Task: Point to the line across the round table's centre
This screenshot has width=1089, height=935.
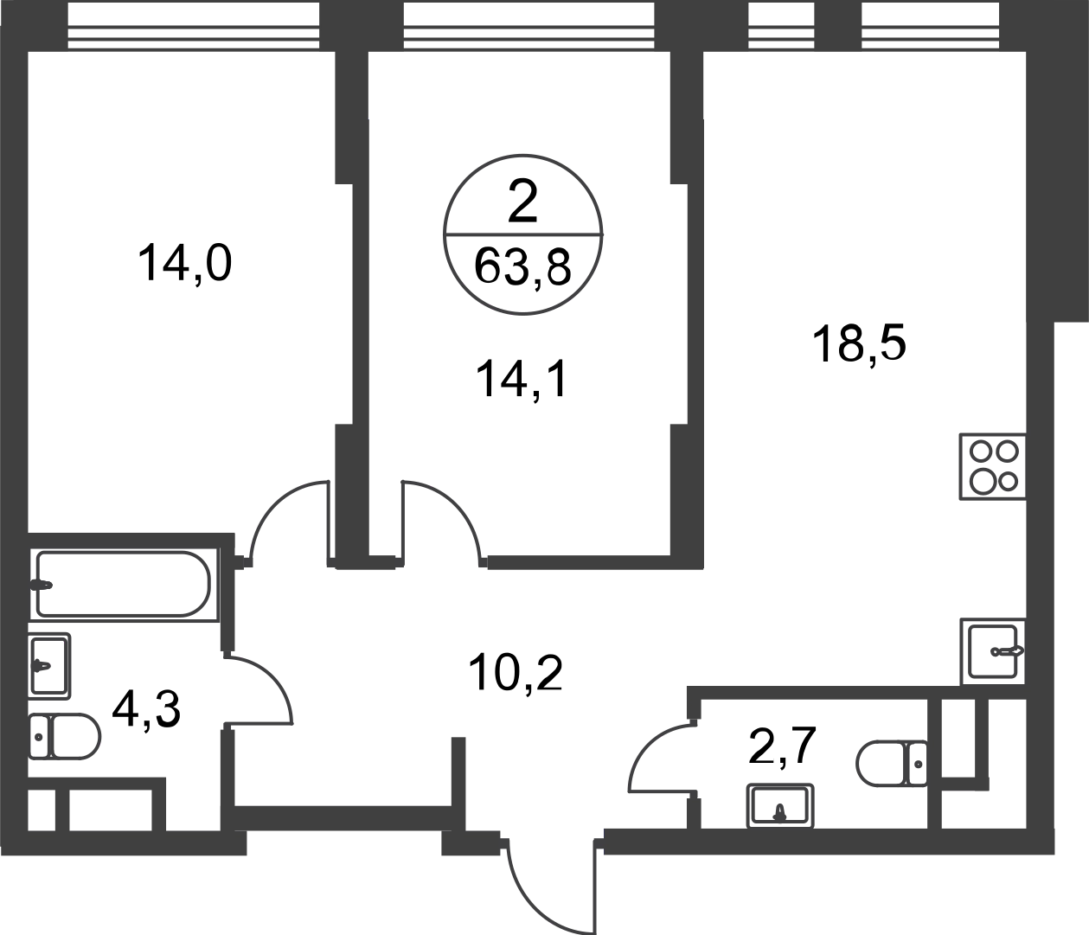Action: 523,233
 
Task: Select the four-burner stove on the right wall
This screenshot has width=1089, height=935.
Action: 990,466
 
